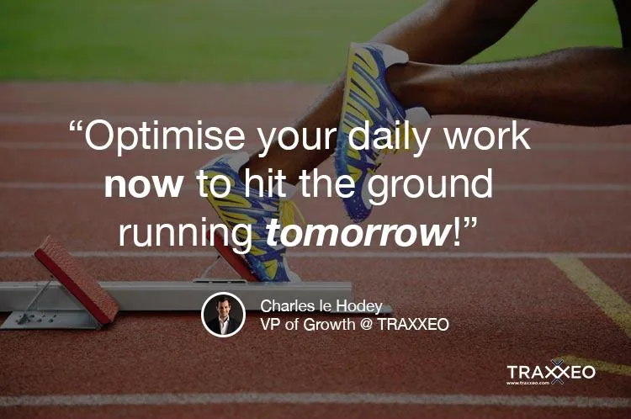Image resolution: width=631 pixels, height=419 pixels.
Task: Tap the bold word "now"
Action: point(144,186)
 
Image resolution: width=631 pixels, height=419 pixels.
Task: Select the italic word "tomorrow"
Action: point(358,233)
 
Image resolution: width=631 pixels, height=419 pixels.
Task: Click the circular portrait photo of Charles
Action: point(223,315)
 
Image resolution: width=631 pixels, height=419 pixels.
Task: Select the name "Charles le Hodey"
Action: point(321,306)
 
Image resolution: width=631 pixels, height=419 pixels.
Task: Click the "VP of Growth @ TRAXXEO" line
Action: point(354,325)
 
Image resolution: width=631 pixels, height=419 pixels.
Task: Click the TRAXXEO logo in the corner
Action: point(551,372)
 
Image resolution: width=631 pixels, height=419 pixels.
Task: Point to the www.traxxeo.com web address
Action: point(528,383)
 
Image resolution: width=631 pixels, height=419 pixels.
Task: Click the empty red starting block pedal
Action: point(77,279)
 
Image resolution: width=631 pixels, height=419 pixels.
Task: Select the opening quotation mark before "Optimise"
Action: point(76,127)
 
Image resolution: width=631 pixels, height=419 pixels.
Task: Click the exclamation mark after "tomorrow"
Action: point(456,232)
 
